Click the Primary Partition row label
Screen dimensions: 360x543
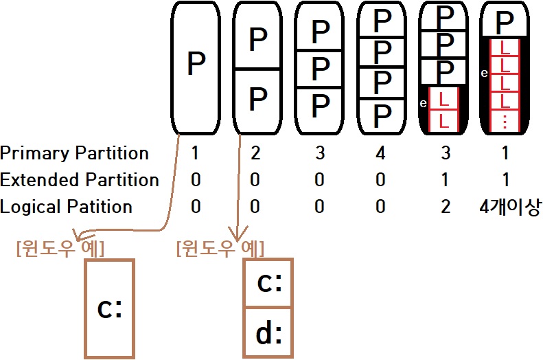coord(74,153)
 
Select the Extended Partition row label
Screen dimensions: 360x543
coord(80,180)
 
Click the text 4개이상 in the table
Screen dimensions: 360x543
coord(510,207)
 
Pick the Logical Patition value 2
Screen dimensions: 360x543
coord(446,207)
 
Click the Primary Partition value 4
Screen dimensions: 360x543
coord(381,153)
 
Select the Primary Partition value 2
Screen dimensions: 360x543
coord(255,153)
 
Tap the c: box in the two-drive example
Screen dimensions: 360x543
coord(268,283)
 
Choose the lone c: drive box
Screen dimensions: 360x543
coord(110,308)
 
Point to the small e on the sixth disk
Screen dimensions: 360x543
coord(485,72)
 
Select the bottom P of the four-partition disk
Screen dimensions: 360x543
coord(381,113)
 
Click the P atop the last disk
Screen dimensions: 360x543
coord(505,23)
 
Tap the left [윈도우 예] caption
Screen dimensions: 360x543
coord(60,247)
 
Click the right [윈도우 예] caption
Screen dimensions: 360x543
coord(220,247)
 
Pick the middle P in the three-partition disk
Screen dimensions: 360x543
coord(320,68)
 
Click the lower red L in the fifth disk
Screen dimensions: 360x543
coord(443,120)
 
